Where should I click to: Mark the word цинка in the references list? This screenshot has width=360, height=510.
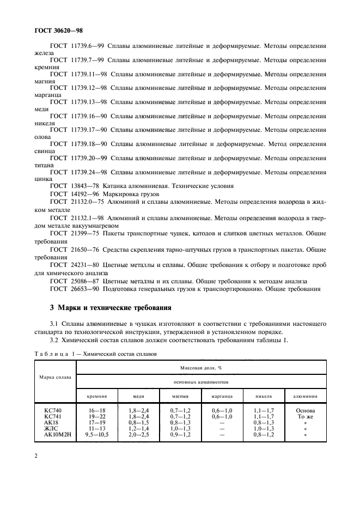pyautogui.click(x=44, y=178)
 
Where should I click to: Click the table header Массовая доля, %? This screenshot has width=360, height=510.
pyautogui.click(x=200, y=368)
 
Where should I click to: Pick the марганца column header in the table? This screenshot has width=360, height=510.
pyautogui.click(x=222, y=396)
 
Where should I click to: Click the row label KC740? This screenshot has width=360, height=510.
pyautogui.click(x=53, y=410)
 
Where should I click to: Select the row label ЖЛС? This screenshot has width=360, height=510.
pyautogui.click(x=52, y=429)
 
